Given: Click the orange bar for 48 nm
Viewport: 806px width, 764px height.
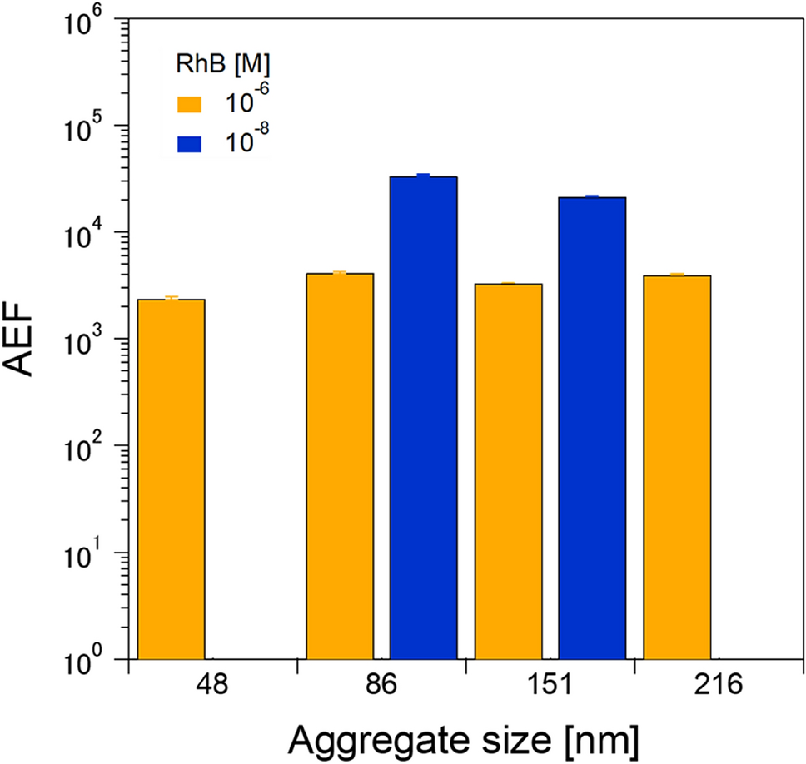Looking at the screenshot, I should [171, 479].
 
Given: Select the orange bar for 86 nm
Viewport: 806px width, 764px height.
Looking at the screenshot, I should [340, 466].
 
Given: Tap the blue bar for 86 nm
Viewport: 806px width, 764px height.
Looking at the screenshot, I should [424, 416].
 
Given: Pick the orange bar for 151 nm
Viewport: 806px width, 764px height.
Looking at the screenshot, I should [508, 470].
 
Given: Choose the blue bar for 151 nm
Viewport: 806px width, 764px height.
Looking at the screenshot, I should [592, 429].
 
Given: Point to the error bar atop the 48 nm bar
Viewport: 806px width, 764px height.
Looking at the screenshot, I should [171, 298].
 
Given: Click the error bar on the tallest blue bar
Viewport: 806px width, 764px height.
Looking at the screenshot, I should [424, 176].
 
